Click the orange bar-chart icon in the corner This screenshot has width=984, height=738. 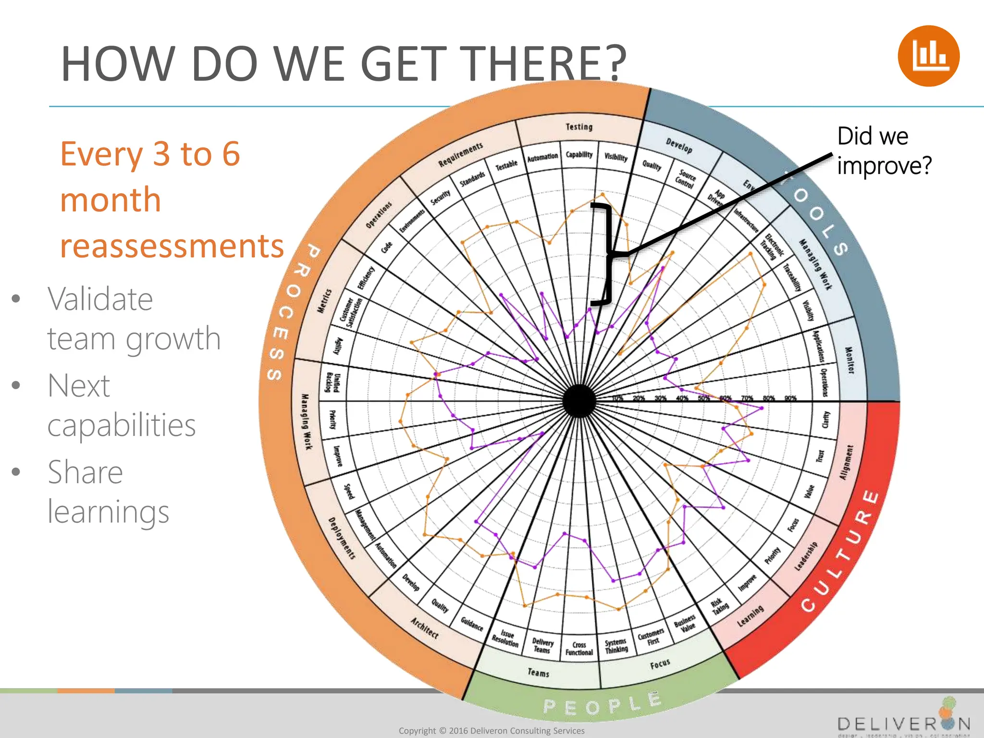tap(928, 56)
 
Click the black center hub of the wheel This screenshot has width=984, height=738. tap(579, 401)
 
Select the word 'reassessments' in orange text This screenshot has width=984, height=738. tap(172, 246)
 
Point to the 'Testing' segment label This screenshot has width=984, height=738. tap(579, 127)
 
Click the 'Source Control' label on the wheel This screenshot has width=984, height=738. tap(686, 179)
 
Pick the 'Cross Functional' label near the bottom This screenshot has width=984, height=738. tap(579, 649)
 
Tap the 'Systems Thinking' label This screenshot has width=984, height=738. tap(616, 646)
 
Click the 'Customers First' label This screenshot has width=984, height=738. tap(651, 638)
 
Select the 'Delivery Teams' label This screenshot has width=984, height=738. tap(542, 646)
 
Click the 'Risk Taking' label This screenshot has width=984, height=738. tap(719, 606)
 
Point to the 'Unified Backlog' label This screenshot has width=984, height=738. tap(333, 382)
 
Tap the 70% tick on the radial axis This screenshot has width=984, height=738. tap(747, 398)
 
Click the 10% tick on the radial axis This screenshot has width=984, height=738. tap(617, 398)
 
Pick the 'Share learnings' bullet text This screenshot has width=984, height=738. tap(108, 491)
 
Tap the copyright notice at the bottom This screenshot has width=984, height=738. tap(492, 731)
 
